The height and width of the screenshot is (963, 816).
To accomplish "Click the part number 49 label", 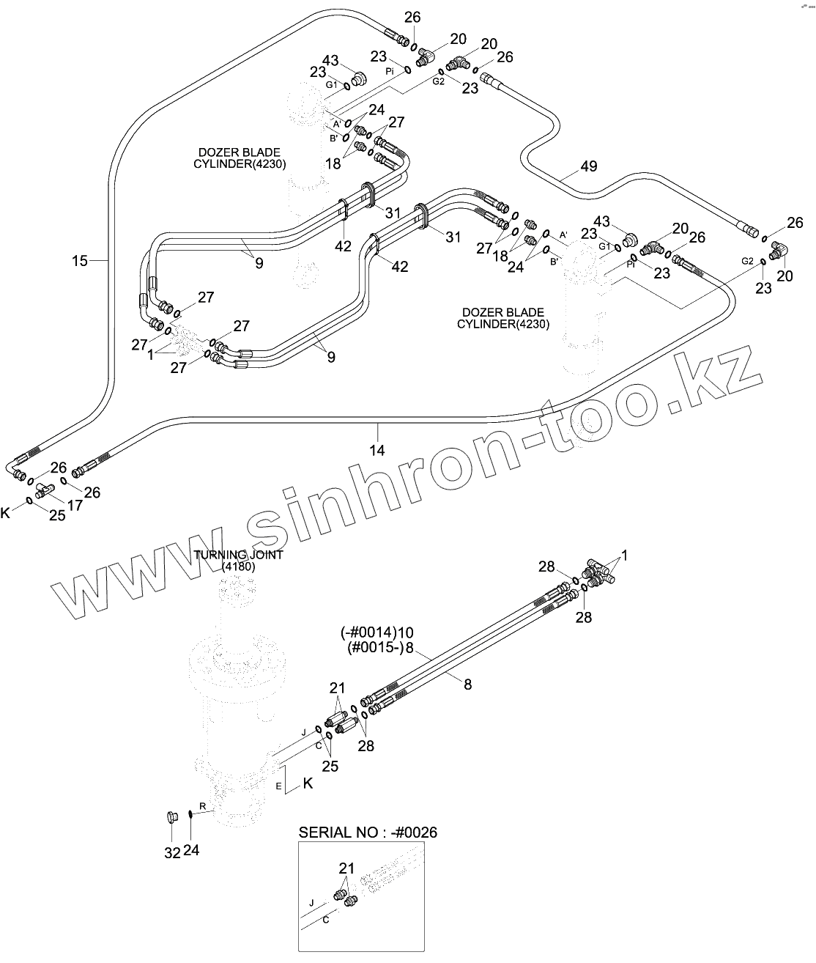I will click(x=588, y=166).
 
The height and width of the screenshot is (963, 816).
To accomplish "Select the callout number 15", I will click(x=80, y=260).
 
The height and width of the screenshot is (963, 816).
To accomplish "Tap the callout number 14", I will click(x=377, y=450).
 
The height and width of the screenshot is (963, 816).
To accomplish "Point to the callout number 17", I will click(x=75, y=505).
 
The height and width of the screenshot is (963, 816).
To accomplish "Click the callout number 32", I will click(x=171, y=853).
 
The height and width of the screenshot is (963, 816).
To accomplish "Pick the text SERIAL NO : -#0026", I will click(x=368, y=833).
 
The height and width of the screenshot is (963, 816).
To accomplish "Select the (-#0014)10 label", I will click(x=377, y=632).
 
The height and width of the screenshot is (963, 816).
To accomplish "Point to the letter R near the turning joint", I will click(x=203, y=806).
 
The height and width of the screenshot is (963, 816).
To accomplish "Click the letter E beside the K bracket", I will click(x=278, y=786).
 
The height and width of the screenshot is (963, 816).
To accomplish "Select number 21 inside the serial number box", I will click(x=346, y=868).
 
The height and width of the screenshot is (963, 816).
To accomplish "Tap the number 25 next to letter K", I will click(x=56, y=515).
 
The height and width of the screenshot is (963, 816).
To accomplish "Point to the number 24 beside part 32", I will click(x=190, y=850).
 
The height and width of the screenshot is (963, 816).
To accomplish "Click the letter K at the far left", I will click(x=6, y=513).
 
